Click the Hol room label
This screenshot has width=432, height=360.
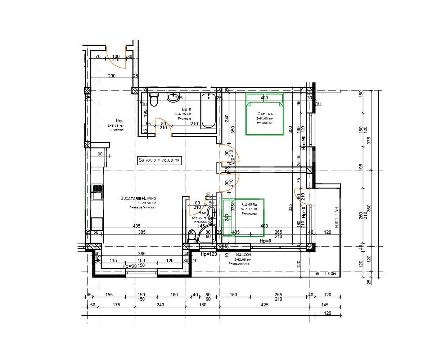point(120,121)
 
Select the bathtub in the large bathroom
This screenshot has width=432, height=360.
point(208,111)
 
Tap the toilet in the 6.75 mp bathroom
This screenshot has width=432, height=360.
point(154,100)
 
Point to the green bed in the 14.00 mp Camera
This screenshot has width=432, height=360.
point(264,114)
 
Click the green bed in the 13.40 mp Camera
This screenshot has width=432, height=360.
point(243,217)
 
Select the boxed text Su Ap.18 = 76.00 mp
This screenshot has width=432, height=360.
point(159,161)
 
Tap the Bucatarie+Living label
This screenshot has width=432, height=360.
point(138,198)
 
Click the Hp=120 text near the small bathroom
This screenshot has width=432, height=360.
point(209,254)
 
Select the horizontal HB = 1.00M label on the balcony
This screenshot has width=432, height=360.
point(325,274)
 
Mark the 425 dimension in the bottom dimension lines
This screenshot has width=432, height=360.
point(265,305)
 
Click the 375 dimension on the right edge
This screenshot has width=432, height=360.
point(368,141)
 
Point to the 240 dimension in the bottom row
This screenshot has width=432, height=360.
point(160,305)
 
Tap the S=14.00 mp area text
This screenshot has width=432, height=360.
point(265,118)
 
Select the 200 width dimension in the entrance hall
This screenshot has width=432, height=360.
point(112,76)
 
